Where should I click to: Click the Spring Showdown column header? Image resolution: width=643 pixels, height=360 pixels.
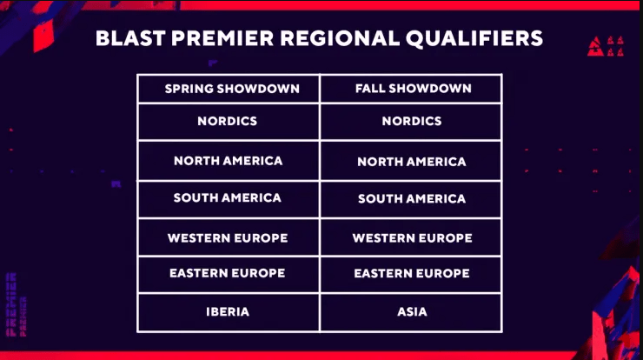tap(232, 89)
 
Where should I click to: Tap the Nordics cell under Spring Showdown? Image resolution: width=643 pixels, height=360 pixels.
tap(227, 121)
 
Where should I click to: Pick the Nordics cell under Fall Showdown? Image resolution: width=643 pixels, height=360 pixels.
tap(412, 121)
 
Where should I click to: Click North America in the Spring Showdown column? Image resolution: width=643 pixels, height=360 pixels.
tap(228, 161)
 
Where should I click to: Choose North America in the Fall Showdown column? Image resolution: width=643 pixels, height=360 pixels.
tap(412, 162)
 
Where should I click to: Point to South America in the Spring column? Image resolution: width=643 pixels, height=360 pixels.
tap(228, 197)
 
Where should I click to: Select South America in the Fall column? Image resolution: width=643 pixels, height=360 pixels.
tap(412, 198)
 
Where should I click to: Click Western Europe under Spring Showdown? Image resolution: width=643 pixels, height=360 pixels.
tap(228, 237)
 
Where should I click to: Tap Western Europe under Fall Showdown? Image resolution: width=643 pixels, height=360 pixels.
tap(412, 237)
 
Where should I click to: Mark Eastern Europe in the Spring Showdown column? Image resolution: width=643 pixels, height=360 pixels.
tap(228, 272)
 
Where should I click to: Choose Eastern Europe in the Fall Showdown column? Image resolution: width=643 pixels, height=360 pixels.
tap(412, 273)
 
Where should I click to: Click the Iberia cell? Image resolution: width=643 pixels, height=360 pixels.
tap(228, 311)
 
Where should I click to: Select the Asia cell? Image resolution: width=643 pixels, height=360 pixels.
tap(412, 311)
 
